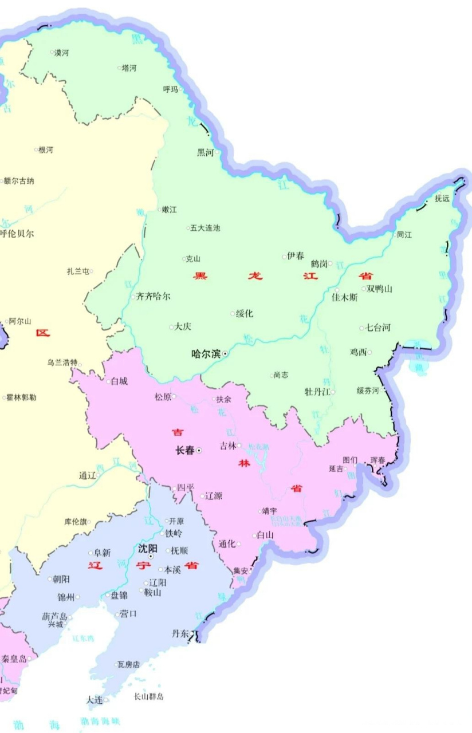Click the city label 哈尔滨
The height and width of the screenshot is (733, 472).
click(x=206, y=354)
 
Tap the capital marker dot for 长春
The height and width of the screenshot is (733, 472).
click(x=199, y=451)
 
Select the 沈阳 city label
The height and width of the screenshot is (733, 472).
click(x=147, y=548)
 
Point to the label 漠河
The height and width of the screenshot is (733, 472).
click(x=61, y=53)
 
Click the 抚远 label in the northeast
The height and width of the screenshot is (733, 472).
click(x=442, y=199)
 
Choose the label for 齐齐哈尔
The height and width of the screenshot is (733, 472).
click(x=153, y=297)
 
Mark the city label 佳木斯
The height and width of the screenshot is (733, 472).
click(x=345, y=298)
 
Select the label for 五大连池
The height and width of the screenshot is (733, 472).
click(x=204, y=228)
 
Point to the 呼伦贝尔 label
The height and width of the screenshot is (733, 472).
click(x=17, y=234)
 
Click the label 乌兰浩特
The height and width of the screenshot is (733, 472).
click(x=62, y=362)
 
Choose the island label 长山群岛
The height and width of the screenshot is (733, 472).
click(x=148, y=696)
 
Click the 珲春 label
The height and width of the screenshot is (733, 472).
click(x=378, y=460)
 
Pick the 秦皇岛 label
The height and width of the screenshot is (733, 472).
click(x=14, y=659)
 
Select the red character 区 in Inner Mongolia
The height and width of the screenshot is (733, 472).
click(x=42, y=333)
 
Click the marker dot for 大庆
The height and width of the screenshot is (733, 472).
click(x=171, y=328)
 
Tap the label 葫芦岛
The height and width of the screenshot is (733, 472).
click(x=54, y=617)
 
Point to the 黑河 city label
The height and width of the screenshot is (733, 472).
click(x=205, y=152)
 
